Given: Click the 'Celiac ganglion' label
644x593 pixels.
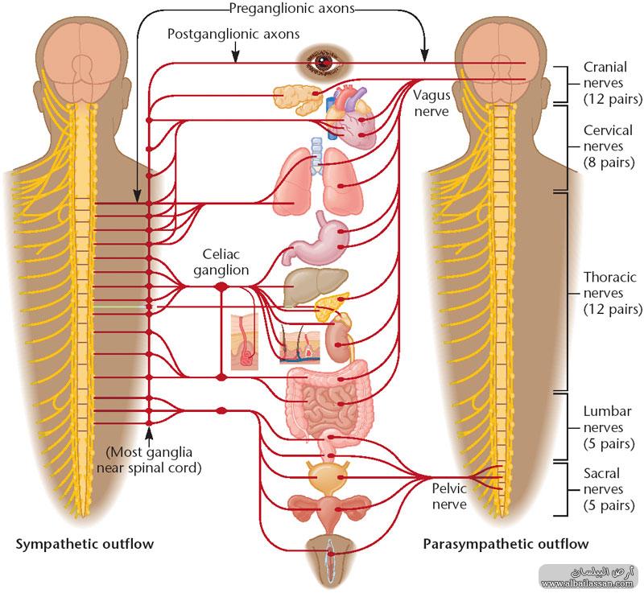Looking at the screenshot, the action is coord(221,261).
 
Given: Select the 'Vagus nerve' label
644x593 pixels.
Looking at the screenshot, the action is coord(431,103).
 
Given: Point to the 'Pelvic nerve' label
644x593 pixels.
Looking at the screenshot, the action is coord(449,496).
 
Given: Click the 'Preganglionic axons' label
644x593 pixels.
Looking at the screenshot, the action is coord(291,8).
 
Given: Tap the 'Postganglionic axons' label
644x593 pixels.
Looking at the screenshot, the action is coord(233,34).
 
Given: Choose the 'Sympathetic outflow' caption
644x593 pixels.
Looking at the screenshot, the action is coord(85,544).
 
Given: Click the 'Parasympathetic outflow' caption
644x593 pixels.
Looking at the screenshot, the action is coord(506,544).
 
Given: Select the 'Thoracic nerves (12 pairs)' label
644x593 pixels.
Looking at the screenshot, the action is coord(613,293).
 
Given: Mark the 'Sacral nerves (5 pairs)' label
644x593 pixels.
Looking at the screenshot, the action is coord(609,489).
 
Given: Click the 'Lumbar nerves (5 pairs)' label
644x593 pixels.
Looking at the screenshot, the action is coord(609,427).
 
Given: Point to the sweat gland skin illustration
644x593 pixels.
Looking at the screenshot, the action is coord(245,342).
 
